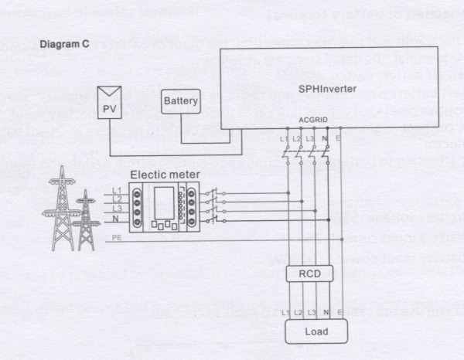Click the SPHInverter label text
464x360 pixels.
click(x=327, y=90)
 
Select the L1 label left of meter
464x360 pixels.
click(x=117, y=190)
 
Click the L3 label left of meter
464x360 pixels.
click(x=117, y=209)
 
